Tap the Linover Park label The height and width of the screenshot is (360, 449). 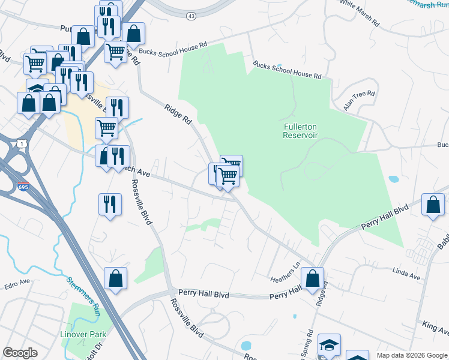[83, 334]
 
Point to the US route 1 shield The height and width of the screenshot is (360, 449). [22, 144]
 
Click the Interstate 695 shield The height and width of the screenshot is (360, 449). [23, 187]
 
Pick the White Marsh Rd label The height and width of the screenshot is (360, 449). [360, 13]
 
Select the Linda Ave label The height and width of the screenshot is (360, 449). [406, 275]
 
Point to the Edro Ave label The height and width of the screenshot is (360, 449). [16, 282]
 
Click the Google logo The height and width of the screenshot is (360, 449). [20, 353]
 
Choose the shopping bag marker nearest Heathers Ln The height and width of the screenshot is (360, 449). [312, 279]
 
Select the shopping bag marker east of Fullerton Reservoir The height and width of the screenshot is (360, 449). [433, 205]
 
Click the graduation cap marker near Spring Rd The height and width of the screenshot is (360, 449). [329, 345]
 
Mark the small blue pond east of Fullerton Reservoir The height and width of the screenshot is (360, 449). [394, 179]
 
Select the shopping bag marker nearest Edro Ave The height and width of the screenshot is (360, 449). [115, 279]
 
